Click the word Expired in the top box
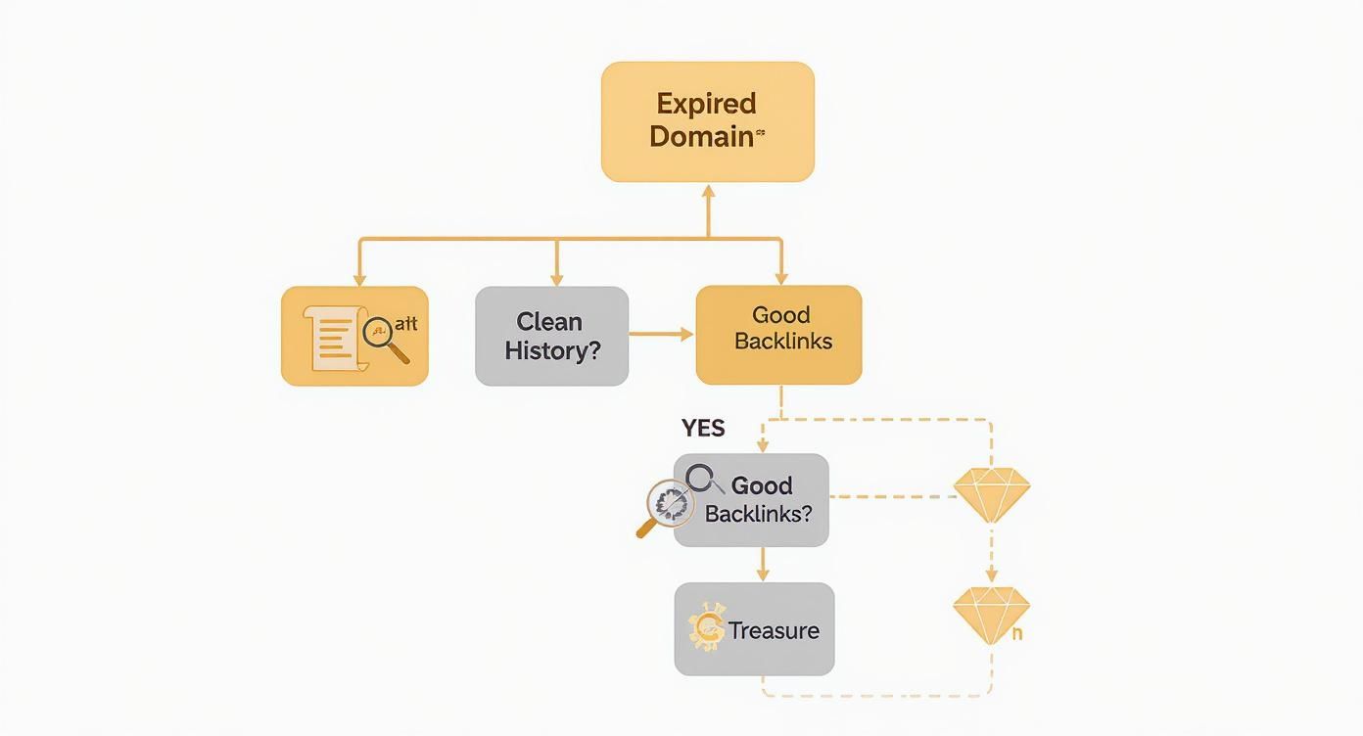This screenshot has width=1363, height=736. click(x=706, y=104)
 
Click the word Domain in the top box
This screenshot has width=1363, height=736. click(x=701, y=136)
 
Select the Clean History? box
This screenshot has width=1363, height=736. click(x=551, y=336)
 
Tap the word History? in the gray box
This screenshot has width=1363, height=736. click(x=552, y=351)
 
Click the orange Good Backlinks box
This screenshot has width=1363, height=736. click(x=779, y=335)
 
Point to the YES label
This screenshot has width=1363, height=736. click(x=703, y=428)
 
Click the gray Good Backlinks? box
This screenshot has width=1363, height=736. click(x=752, y=499)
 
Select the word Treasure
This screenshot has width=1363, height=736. click(x=774, y=631)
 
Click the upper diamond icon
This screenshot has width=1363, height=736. click(x=992, y=494)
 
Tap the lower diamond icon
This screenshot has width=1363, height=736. click(x=991, y=615)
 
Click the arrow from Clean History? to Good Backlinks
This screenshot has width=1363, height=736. click(x=661, y=335)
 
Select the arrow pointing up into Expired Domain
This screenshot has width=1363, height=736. click(x=709, y=196)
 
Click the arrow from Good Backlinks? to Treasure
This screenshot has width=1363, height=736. click(x=763, y=565)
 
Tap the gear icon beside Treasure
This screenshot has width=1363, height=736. click(x=706, y=628)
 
